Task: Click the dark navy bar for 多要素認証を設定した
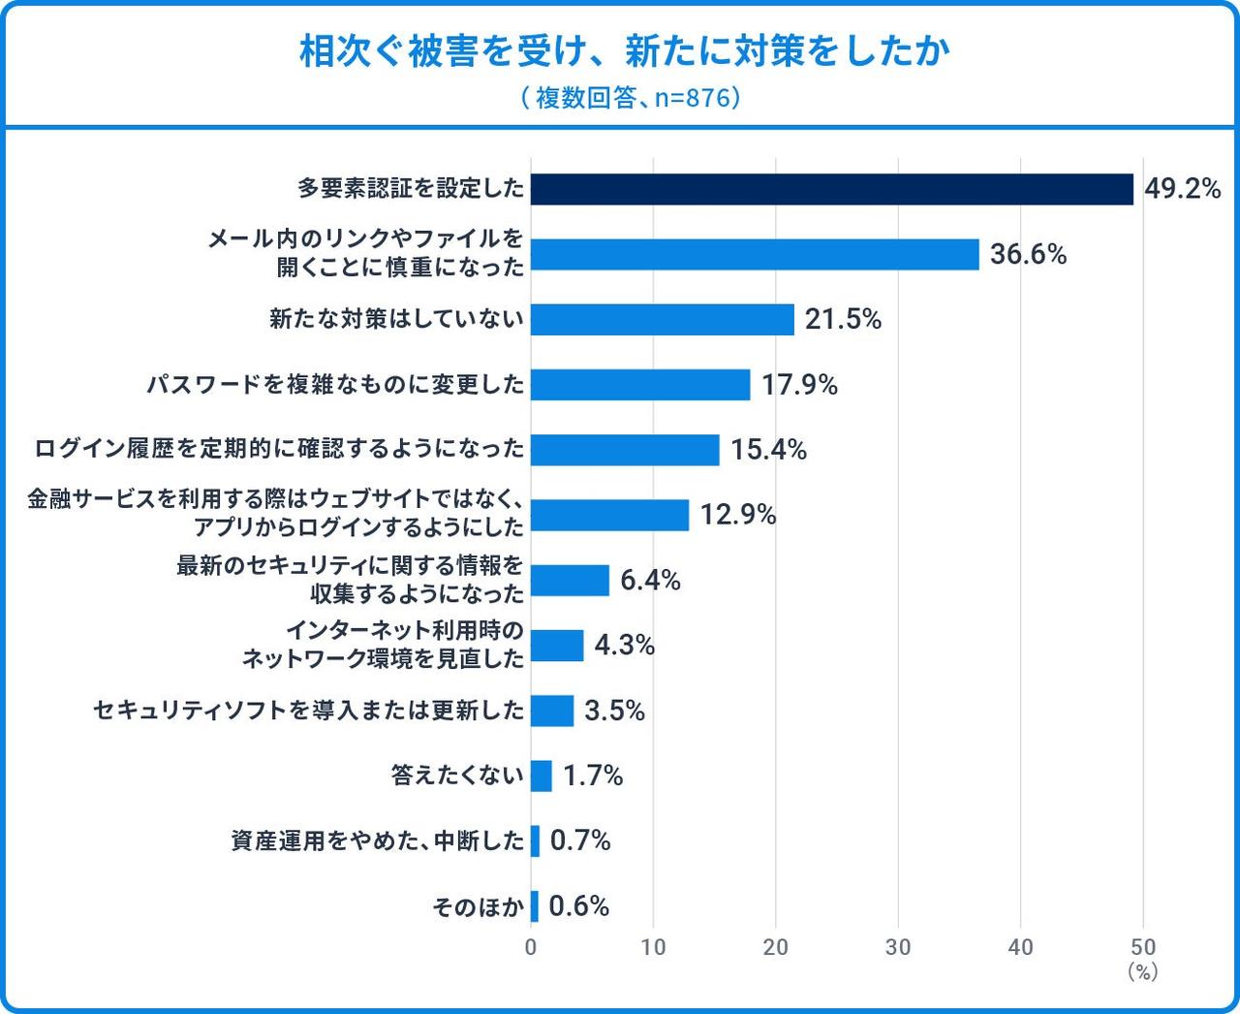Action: (x=831, y=189)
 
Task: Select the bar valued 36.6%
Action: (x=755, y=254)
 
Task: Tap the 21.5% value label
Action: (x=843, y=319)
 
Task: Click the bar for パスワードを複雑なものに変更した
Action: (x=640, y=385)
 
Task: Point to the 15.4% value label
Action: (x=768, y=450)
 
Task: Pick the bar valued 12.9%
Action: (x=609, y=515)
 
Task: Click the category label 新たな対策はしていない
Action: (x=396, y=319)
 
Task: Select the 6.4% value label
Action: (x=650, y=580)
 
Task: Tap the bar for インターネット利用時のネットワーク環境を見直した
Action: (x=557, y=645)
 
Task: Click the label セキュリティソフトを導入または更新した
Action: (x=308, y=711)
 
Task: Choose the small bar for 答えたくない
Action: (x=542, y=776)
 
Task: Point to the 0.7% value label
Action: (x=580, y=840)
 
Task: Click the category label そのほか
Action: (x=478, y=906)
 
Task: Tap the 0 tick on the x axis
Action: (x=531, y=947)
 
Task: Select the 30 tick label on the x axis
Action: (x=898, y=947)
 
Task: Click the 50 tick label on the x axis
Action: (x=1143, y=947)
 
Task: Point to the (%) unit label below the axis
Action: (x=1143, y=970)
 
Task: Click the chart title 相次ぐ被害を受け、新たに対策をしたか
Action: (x=624, y=52)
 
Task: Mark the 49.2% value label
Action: (x=1182, y=189)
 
